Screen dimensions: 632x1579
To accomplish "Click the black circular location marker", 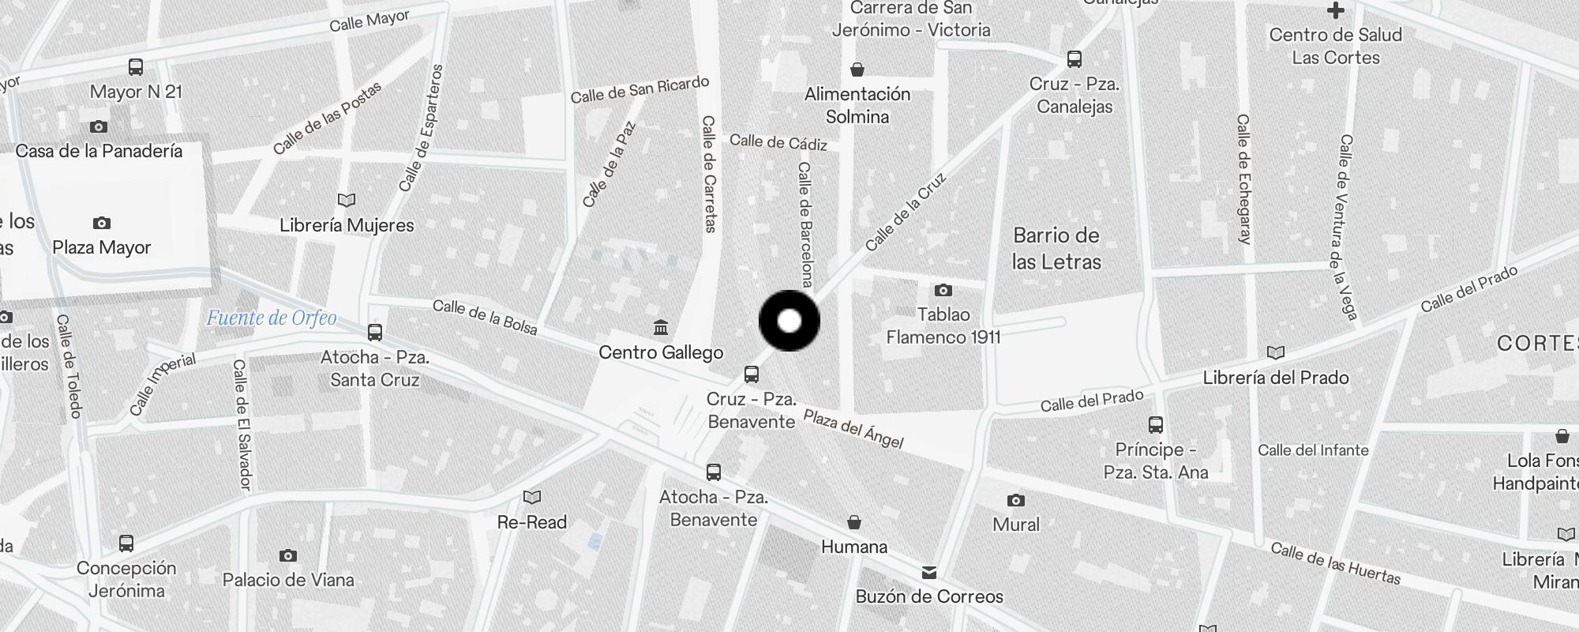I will [x=789, y=321].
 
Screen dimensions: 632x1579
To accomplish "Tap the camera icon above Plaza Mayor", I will [x=102, y=223].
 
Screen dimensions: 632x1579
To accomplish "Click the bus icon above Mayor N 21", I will [x=136, y=67].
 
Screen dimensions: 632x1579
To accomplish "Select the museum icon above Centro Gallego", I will [x=661, y=327].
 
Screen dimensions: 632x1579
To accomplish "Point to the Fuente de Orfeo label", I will [x=272, y=318].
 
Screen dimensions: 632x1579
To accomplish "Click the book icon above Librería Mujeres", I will [x=347, y=200].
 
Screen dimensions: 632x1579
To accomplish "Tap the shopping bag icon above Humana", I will [x=853, y=522].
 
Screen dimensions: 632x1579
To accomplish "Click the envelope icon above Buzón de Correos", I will [x=929, y=572].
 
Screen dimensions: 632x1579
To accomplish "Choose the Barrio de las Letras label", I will [x=1056, y=248].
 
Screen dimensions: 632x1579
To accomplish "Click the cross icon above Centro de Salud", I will [x=1336, y=10].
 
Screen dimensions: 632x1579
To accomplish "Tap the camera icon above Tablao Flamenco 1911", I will [x=943, y=290].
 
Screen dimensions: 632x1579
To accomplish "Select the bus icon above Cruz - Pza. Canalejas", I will [x=1075, y=58].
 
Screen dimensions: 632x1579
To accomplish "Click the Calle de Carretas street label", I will [x=709, y=174].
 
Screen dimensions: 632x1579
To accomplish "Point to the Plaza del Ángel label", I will [x=853, y=429].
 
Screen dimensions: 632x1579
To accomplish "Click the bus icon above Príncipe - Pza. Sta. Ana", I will [x=1156, y=425].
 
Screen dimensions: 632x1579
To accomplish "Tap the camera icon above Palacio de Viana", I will [x=288, y=555].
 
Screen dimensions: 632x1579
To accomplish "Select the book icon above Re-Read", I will [x=532, y=497].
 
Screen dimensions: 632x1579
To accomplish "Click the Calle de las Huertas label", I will [x=1335, y=563].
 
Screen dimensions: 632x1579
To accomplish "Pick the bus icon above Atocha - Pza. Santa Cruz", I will [x=375, y=333].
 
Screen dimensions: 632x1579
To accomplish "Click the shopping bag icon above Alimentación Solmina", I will [x=857, y=70].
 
